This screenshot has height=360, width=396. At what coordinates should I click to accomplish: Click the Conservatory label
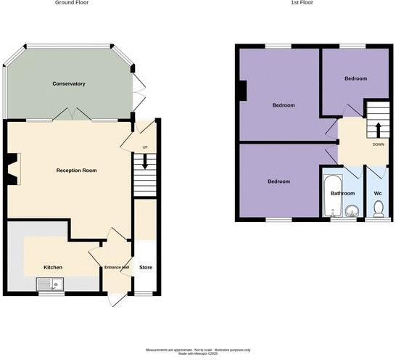69,84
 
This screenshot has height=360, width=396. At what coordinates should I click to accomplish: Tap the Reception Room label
77,171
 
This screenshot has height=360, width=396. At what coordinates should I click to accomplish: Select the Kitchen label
53,267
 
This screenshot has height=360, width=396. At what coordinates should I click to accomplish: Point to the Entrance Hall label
116,268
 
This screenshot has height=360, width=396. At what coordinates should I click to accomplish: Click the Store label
146,267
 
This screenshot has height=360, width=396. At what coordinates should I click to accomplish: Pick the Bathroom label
342,194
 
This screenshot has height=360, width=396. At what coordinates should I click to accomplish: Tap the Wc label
378,194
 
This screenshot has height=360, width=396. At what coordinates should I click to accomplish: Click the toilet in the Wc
378,209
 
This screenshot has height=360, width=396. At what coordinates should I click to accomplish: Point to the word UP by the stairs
144,147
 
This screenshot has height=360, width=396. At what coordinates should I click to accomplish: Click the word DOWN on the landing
378,144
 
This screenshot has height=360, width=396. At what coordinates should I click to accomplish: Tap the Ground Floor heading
73,3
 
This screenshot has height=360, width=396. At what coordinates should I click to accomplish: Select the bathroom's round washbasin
352,212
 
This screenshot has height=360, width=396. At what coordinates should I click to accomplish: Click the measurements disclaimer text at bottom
197,352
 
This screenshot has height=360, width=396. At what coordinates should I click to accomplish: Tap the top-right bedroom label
355,78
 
